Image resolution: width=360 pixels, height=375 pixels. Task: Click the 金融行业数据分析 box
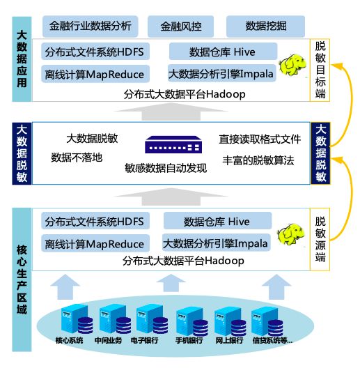[x=90, y=26]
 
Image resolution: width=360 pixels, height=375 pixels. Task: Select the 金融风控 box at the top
[x=182, y=26]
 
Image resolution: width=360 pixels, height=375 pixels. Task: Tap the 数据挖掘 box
[x=265, y=26]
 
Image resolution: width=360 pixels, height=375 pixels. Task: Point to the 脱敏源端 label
[x=320, y=238]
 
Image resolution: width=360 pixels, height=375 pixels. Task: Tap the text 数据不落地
[x=77, y=158]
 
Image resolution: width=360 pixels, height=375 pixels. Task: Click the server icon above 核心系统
[x=70, y=320]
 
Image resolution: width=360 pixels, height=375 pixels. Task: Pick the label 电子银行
[x=145, y=341]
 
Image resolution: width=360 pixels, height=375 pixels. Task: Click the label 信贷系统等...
[x=271, y=341]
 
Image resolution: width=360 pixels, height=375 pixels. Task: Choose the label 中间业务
[x=108, y=341]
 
